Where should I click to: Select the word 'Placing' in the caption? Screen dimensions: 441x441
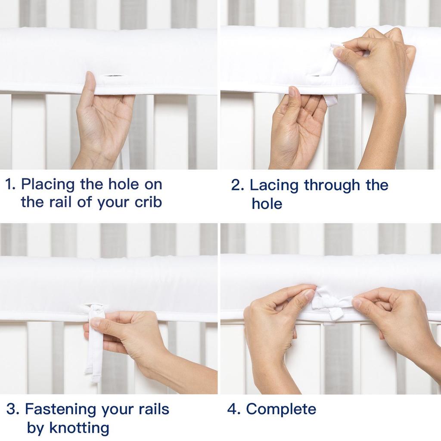click(48, 185)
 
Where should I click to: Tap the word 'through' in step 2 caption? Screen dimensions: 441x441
click(332, 186)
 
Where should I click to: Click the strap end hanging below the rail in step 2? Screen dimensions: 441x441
click(331, 101)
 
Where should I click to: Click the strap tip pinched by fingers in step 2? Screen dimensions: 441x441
click(335, 47)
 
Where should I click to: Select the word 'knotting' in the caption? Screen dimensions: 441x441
click(79, 428)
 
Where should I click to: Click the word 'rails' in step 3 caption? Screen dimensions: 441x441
click(154, 409)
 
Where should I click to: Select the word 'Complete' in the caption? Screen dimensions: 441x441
click(281, 409)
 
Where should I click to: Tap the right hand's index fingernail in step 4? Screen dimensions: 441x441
click(357, 303)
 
